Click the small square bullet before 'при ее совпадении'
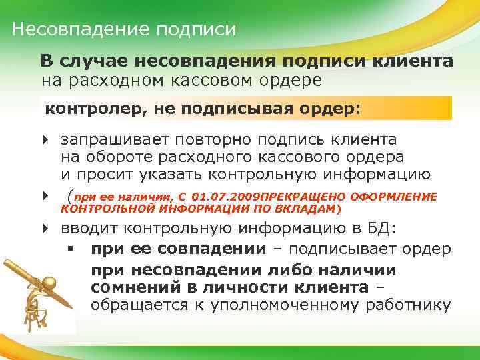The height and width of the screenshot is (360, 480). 70,249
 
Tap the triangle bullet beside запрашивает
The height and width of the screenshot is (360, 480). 45,141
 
